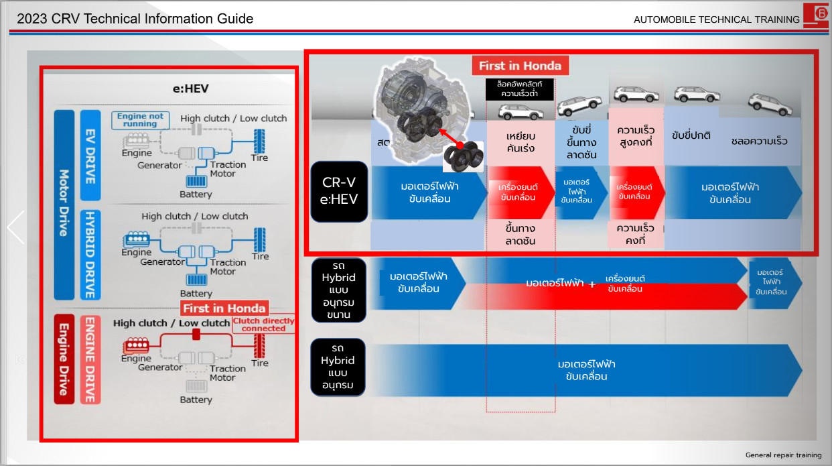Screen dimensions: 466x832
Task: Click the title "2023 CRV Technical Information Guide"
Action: pos(135,19)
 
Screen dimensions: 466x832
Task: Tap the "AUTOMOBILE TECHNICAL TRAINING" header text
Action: pos(716,19)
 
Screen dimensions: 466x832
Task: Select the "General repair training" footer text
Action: pos(783,455)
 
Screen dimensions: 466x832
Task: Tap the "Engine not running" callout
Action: pos(140,120)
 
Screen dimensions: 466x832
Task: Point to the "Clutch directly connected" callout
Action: pos(263,325)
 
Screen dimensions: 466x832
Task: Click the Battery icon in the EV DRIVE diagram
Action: pos(196,181)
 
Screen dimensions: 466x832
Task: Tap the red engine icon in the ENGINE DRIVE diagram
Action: pos(135,346)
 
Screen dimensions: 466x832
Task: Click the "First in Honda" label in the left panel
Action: pos(224,308)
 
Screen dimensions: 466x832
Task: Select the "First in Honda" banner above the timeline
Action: pos(521,66)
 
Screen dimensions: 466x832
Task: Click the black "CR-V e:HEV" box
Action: pos(340,192)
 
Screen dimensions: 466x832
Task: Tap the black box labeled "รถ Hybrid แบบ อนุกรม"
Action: pos(338,367)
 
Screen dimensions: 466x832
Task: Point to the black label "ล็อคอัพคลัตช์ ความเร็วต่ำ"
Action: pos(520,89)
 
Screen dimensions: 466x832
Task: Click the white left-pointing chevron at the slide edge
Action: pos(15,227)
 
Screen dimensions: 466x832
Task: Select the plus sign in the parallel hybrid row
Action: pos(592,284)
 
